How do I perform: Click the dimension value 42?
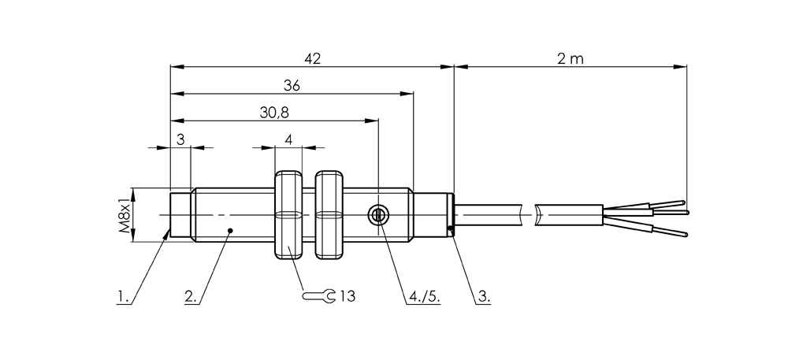coord(312,58)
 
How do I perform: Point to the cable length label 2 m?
coord(570,58)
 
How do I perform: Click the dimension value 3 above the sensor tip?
coord(180,139)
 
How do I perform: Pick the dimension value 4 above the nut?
coord(288,139)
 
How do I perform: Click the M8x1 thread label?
coord(124,215)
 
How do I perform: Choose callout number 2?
coord(190,296)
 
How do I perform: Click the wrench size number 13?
coord(348,296)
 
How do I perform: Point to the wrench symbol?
coord(318,296)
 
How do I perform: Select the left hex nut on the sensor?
coord(288,215)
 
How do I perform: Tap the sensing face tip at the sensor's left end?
coord(180,214)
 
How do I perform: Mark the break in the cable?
coord(530,214)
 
